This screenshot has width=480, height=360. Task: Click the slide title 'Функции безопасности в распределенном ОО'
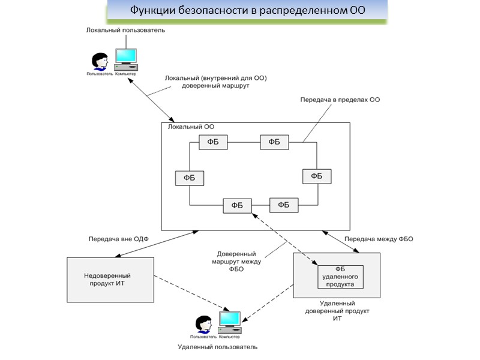point(247,11)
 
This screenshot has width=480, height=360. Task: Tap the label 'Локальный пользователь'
point(125,30)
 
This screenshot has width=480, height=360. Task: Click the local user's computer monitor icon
point(126,57)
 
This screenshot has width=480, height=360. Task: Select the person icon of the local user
point(99,62)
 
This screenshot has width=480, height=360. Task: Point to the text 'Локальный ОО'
point(191,127)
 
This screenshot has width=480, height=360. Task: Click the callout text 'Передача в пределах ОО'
point(340,100)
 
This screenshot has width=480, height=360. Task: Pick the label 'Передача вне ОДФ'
point(118,239)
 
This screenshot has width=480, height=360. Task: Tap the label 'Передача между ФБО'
point(379,239)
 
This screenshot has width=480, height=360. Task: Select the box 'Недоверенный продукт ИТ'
point(109,279)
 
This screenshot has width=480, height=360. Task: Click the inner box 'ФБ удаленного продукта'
point(340,277)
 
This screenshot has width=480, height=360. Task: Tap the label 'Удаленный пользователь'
point(218,347)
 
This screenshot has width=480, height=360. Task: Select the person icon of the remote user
point(203,324)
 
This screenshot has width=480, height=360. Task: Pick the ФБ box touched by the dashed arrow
point(237,205)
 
